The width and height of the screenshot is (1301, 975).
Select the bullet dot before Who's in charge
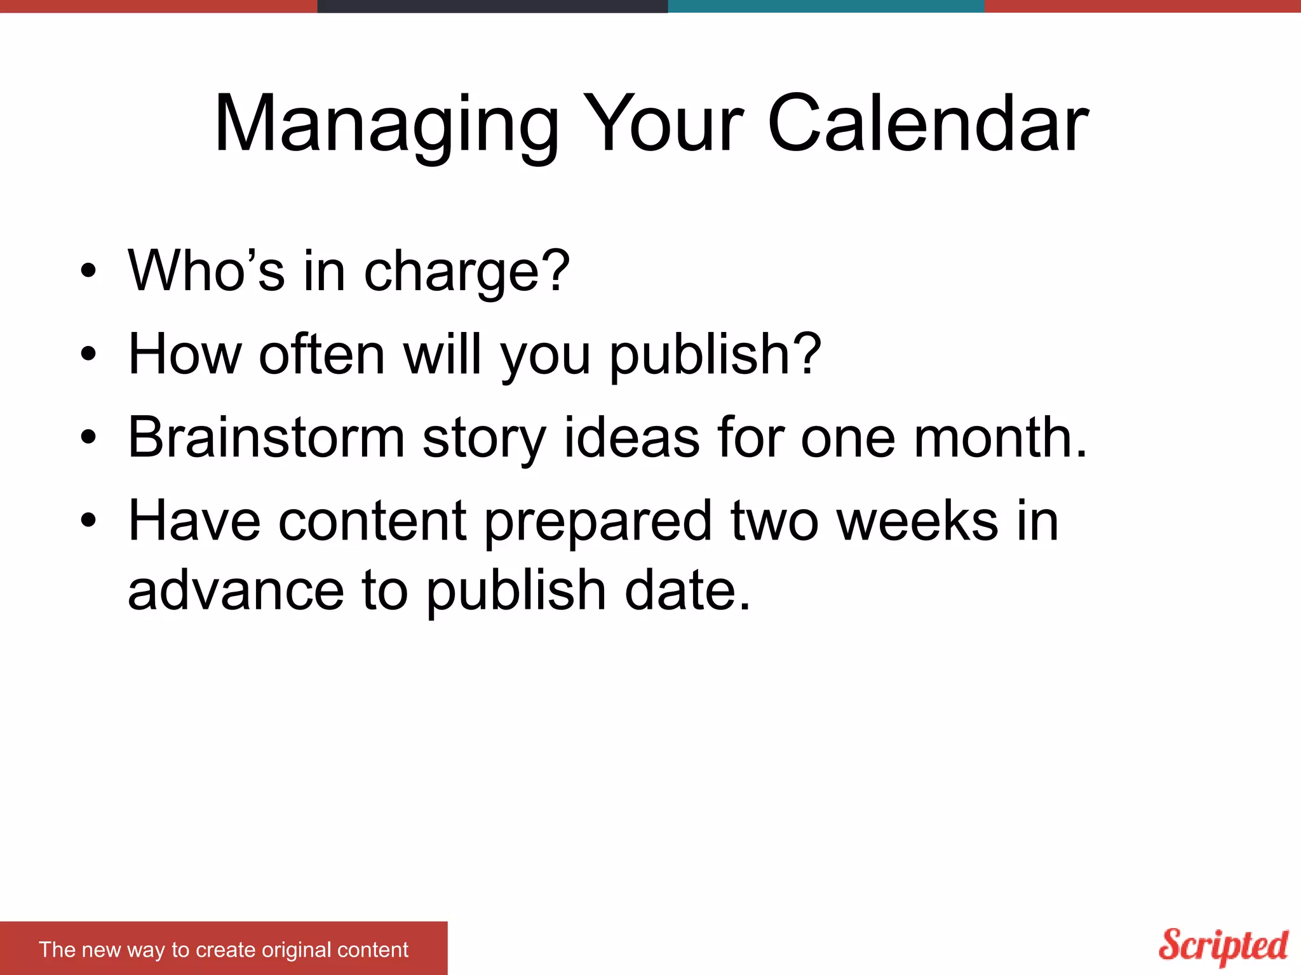click(88, 271)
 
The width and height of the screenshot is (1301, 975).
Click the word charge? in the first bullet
click(467, 271)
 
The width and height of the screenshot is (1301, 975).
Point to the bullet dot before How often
click(88, 354)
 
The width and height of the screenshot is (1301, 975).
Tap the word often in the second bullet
click(322, 353)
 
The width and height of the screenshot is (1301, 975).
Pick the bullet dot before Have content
click(88, 521)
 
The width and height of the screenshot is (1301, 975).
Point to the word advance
click(236, 590)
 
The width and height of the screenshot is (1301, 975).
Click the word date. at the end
click(687, 590)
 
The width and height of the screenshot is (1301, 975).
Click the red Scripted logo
click(1223, 946)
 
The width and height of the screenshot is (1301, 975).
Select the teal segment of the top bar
click(826, 6)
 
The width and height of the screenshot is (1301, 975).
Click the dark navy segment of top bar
click(492, 6)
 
